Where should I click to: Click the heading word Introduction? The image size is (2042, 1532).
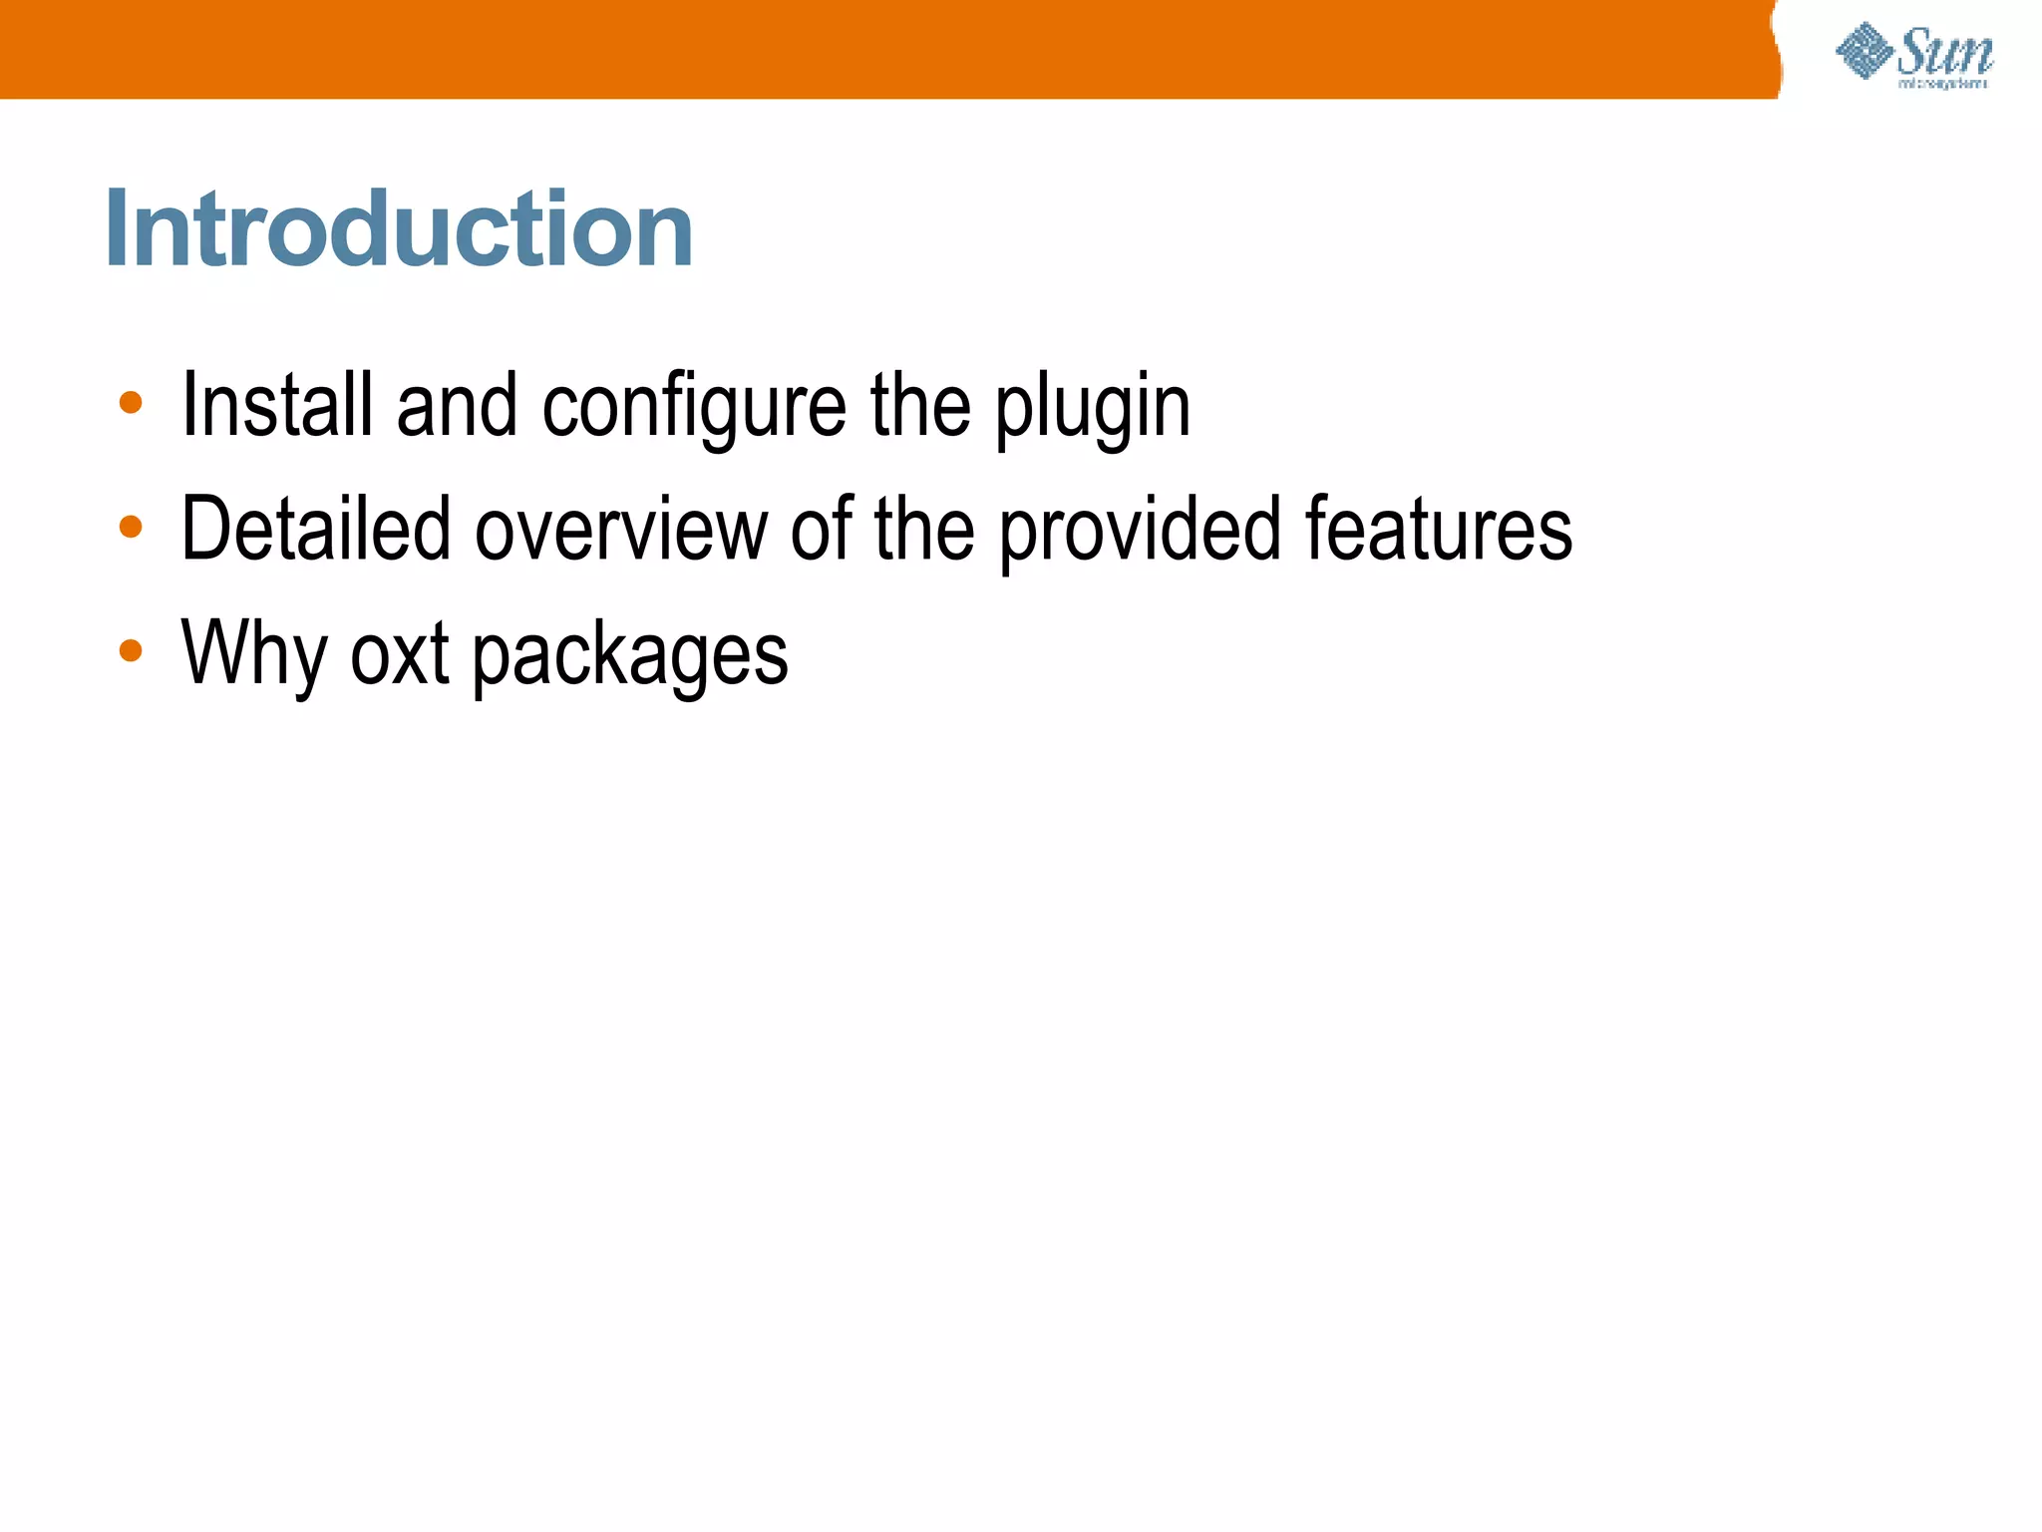click(x=399, y=229)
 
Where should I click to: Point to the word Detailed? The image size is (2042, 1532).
click(x=315, y=529)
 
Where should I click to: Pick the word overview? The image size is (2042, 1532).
click(x=621, y=529)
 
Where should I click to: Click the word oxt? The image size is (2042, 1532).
click(x=400, y=654)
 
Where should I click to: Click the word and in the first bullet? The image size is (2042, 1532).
click(x=458, y=405)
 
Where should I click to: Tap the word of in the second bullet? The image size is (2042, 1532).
click(x=822, y=529)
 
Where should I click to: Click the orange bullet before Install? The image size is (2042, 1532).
click(x=131, y=403)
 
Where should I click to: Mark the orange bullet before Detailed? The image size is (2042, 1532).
click(x=131, y=527)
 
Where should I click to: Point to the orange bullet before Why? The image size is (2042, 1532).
click(x=131, y=651)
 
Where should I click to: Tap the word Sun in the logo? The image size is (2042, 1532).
click(x=1943, y=52)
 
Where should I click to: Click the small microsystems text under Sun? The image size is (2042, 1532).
click(x=1942, y=85)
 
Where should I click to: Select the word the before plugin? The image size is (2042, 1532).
click(x=920, y=405)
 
